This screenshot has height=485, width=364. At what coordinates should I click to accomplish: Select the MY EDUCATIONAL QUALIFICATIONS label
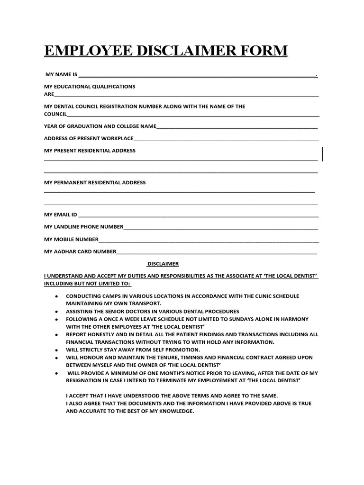pyautogui.click(x=90, y=87)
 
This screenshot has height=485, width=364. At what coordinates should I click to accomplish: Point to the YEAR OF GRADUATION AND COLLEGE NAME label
pyautogui.click(x=100, y=126)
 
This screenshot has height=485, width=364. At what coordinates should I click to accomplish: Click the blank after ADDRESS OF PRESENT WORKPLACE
pyautogui.click(x=226, y=139)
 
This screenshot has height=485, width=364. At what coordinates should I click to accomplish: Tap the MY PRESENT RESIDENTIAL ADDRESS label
pyautogui.click(x=90, y=151)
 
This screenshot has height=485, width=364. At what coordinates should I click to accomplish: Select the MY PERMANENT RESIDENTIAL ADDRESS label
pyautogui.click(x=95, y=182)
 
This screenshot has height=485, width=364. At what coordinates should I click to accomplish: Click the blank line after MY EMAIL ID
pyautogui.click(x=198, y=216)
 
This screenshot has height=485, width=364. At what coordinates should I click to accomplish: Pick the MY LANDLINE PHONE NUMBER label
pyautogui.click(x=83, y=227)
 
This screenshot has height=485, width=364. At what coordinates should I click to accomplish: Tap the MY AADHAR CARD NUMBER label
pyautogui.click(x=80, y=251)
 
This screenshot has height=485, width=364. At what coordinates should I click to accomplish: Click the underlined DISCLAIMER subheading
pyautogui.click(x=163, y=264)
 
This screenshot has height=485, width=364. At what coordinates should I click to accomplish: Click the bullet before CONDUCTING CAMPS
pyautogui.click(x=56, y=296)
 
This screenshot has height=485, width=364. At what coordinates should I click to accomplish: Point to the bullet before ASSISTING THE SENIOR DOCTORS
pyautogui.click(x=56, y=312)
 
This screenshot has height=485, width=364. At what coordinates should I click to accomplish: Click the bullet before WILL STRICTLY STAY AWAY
pyautogui.click(x=56, y=350)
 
